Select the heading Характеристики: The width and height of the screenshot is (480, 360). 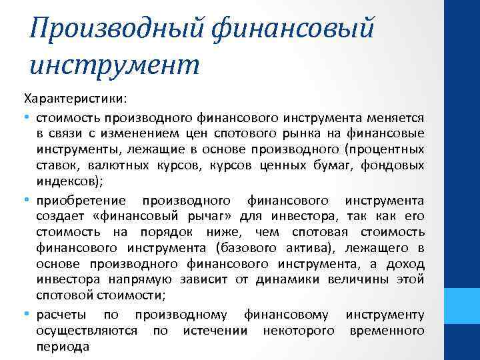click(73, 99)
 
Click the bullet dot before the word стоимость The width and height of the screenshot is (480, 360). click(27, 117)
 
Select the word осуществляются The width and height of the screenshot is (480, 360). click(87, 331)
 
